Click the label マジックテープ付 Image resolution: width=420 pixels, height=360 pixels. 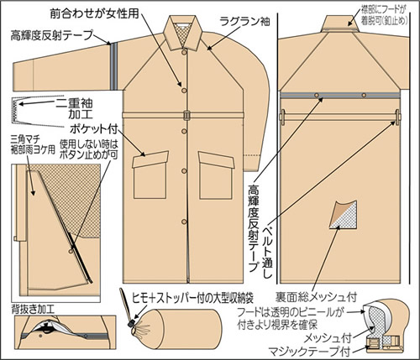308,348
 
